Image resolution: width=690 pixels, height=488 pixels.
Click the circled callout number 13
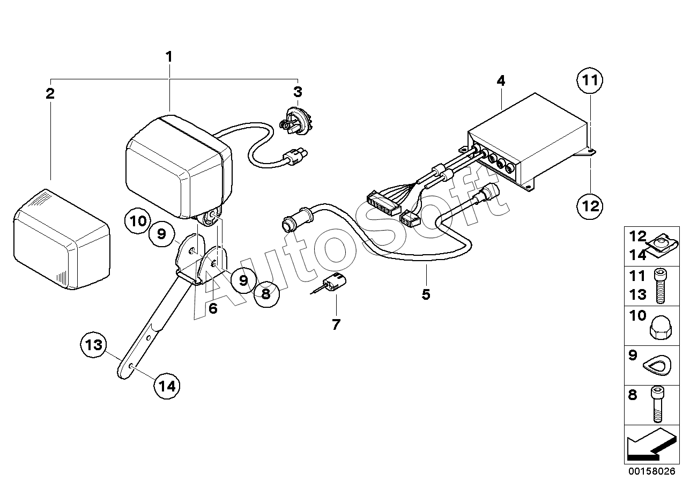pos(94,345)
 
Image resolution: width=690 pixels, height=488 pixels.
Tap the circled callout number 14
pos(166,385)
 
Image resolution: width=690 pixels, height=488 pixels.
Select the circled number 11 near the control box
pos(590,82)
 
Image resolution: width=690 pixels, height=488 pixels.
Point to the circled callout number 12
pos(590,205)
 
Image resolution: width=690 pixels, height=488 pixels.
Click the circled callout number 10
pos(137,220)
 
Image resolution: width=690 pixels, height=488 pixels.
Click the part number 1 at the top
pos(169,56)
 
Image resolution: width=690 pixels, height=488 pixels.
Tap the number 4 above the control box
pos(500,81)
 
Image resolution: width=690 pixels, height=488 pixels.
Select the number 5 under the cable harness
pos(426,294)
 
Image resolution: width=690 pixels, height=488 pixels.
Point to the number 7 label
pos(336,324)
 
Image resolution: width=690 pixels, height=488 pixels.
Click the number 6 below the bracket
pos(213,308)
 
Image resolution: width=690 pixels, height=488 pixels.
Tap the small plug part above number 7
pos(335,283)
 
